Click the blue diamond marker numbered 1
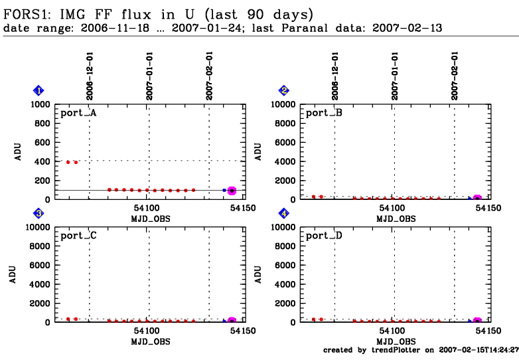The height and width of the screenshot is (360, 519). [39, 90]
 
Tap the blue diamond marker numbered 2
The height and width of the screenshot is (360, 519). [284, 90]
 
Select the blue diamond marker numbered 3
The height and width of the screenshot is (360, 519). [39, 213]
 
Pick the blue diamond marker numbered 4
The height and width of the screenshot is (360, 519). [284, 213]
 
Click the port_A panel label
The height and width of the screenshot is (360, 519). [78, 113]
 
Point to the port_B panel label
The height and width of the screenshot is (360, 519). [324, 113]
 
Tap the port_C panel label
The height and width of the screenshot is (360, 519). [78, 236]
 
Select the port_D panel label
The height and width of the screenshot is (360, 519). [324, 236]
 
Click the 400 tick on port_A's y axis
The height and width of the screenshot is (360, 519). [42, 161]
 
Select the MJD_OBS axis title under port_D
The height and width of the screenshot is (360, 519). [394, 341]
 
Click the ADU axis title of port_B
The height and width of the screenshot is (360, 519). [259, 151]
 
